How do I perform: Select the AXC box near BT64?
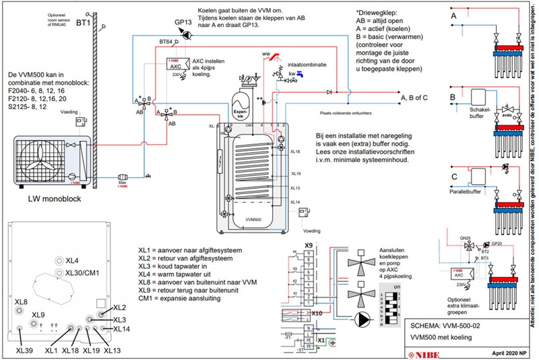176,67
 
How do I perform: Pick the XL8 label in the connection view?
21,301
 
